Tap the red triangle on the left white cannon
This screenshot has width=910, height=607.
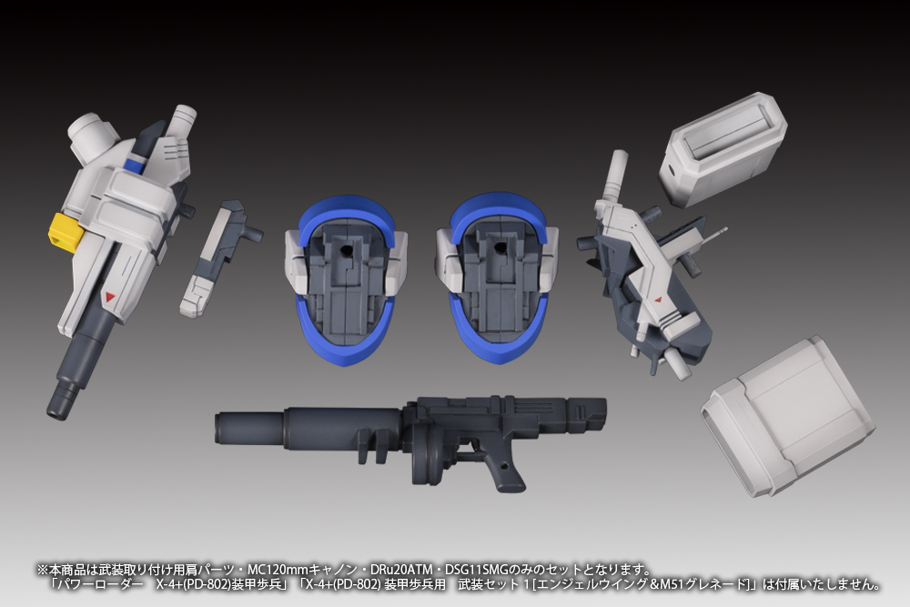point(111,297)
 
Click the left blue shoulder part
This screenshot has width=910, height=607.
point(345,278)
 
